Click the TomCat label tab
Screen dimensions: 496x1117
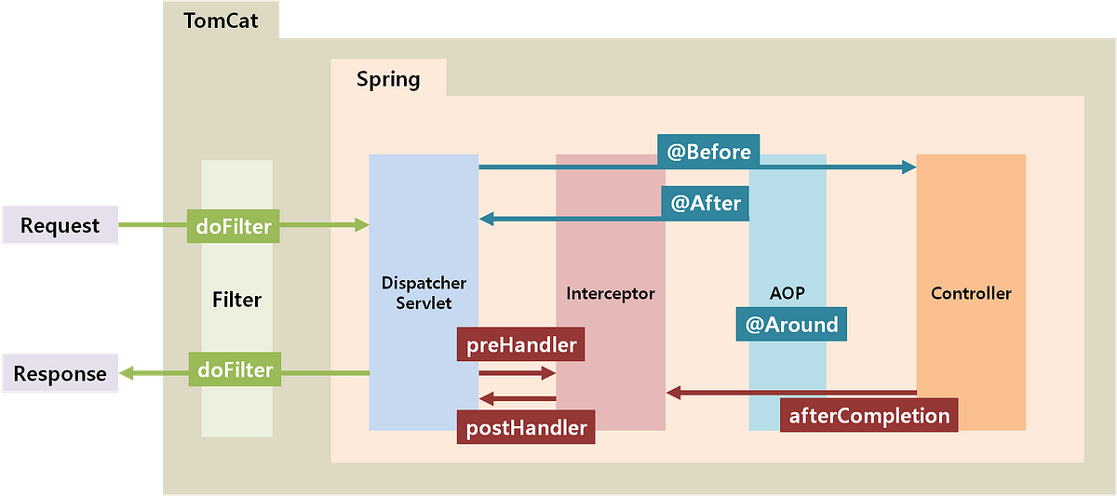(x=221, y=20)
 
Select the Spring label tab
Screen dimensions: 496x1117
(x=388, y=79)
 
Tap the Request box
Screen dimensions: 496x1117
(x=61, y=225)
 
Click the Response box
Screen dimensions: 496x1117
(x=61, y=374)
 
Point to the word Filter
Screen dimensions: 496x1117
(x=236, y=301)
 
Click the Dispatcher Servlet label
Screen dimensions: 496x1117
(x=424, y=291)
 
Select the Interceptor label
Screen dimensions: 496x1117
(x=611, y=293)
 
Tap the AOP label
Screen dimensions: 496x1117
(x=787, y=292)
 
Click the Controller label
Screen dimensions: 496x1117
(x=971, y=293)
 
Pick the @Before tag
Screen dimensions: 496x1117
(x=708, y=152)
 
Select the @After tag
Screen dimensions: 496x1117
(x=705, y=203)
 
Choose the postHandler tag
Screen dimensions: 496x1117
(x=526, y=427)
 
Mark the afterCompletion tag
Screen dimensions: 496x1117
(x=869, y=415)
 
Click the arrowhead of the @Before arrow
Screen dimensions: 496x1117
(x=908, y=167)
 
